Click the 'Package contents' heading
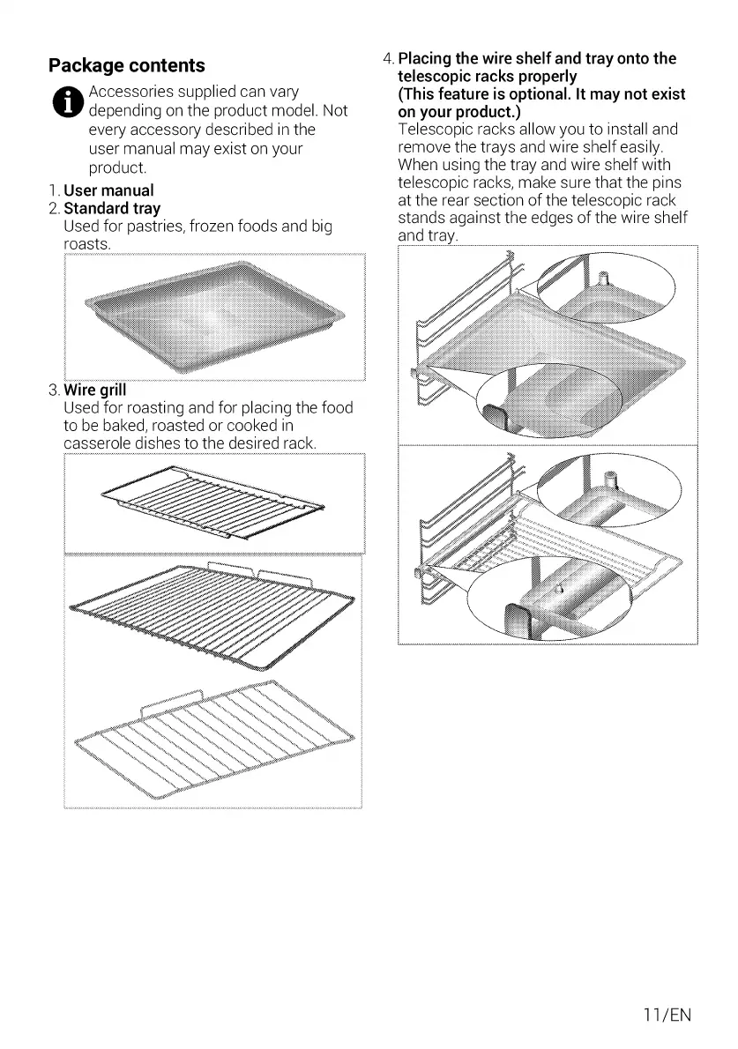tap(127, 65)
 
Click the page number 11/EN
tap(668, 1015)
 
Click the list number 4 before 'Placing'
tap(388, 59)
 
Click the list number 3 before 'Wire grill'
tap(54, 390)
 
